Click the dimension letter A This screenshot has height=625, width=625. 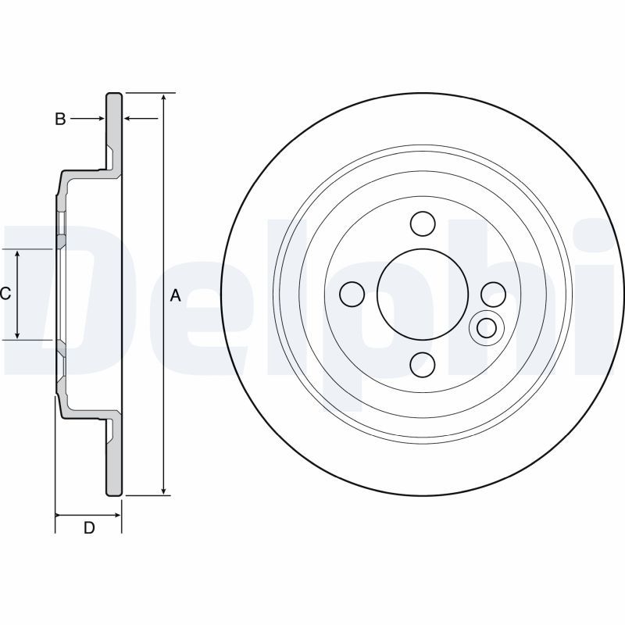(x=176, y=296)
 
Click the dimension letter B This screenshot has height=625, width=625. (x=60, y=119)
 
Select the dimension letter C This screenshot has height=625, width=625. (x=5, y=295)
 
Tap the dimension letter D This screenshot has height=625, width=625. (x=89, y=528)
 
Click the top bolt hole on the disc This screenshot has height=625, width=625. (x=423, y=223)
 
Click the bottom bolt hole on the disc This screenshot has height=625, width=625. (x=423, y=365)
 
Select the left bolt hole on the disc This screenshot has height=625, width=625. (x=352, y=295)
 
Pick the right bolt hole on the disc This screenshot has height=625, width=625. (x=494, y=295)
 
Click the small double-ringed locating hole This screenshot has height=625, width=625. (x=487, y=328)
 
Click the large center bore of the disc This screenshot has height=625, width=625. (x=423, y=295)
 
